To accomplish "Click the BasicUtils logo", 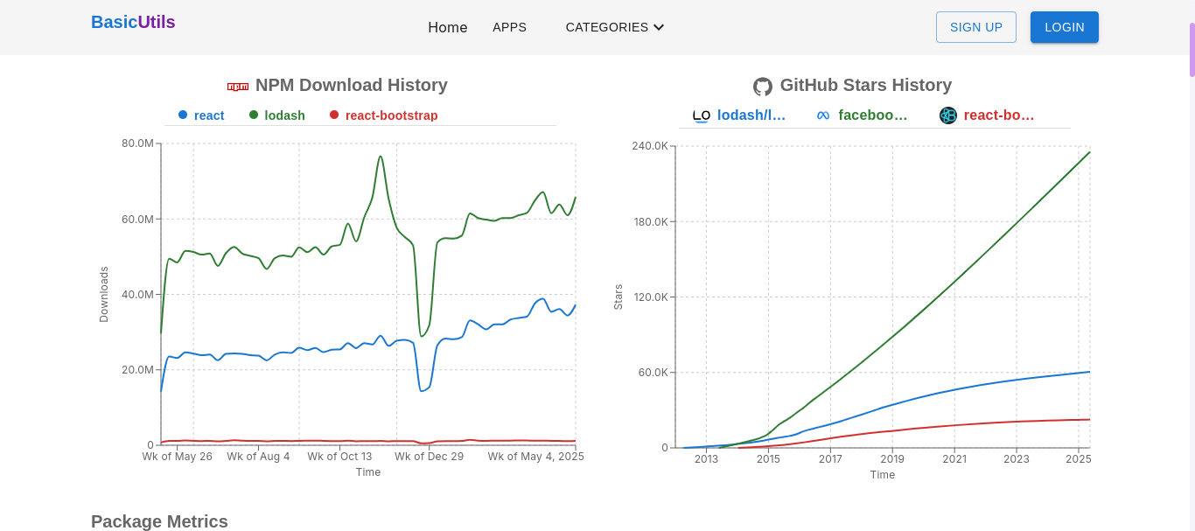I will (x=133, y=23).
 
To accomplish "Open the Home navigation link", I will (x=448, y=27).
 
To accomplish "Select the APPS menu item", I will (x=509, y=27).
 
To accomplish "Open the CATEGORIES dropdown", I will (x=614, y=27).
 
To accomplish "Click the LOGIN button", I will (x=1064, y=27).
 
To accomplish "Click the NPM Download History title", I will (x=351, y=85).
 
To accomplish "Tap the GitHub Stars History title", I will (x=865, y=85).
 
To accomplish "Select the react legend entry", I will (x=208, y=115).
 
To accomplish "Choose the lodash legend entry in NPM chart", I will (x=284, y=115).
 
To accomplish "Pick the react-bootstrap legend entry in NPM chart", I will (x=391, y=115).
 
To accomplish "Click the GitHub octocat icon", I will (x=763, y=87).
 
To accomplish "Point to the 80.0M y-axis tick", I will (x=138, y=143).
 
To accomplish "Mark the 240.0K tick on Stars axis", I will (x=650, y=145).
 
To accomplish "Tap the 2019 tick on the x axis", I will (x=892, y=459).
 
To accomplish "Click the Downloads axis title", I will (x=104, y=294).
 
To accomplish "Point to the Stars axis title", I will (x=618, y=297).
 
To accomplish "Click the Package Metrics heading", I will (x=159, y=521).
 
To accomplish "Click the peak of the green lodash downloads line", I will (x=381, y=157).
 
